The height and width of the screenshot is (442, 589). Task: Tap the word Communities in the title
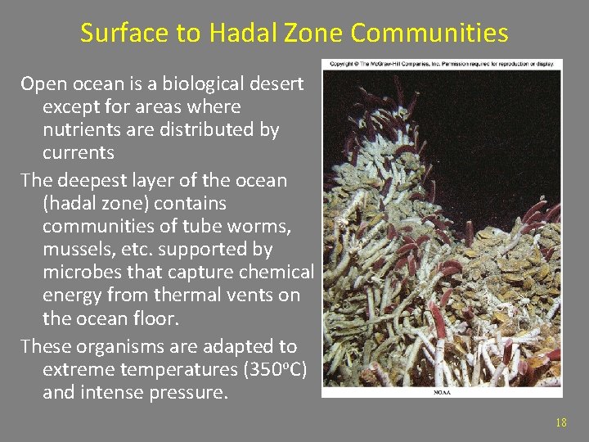[x=429, y=34]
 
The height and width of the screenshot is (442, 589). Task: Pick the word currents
[x=79, y=153]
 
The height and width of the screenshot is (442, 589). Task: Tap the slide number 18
[x=560, y=422]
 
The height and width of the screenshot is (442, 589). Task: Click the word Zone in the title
[x=317, y=34]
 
